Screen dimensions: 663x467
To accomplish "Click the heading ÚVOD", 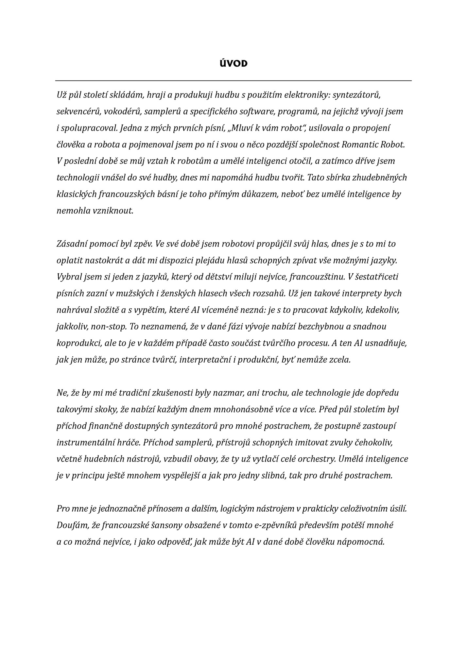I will coord(233,63).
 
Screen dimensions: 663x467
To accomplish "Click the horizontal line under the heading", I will coord(233,80).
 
